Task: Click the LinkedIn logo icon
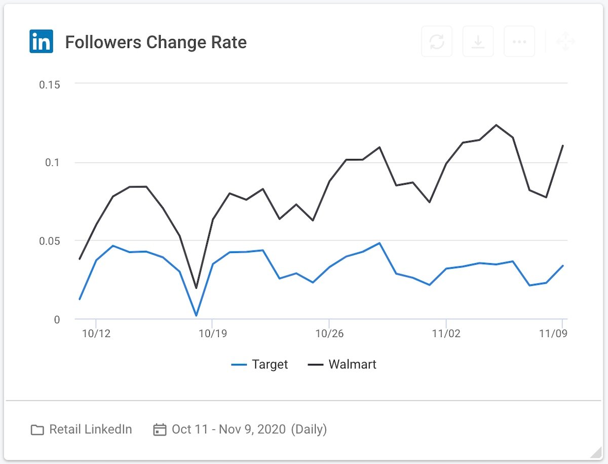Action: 41,41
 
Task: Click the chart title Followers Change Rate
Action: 156,42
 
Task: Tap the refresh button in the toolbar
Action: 437,41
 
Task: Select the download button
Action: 478,41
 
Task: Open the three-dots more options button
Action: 519,41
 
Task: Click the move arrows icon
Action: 565,41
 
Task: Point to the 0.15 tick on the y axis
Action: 50,84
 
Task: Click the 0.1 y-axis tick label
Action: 53,162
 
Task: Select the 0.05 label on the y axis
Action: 50,241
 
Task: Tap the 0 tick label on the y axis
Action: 57,319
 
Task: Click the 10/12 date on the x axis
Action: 96,334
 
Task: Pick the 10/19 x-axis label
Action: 212,334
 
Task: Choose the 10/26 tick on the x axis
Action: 329,334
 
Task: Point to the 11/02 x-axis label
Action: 446,334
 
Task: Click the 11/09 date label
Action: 552,334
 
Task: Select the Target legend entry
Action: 260,364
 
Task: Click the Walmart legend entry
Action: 343,364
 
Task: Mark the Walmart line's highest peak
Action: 496,125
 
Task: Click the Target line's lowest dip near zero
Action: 196,315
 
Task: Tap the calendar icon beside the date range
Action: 160,430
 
